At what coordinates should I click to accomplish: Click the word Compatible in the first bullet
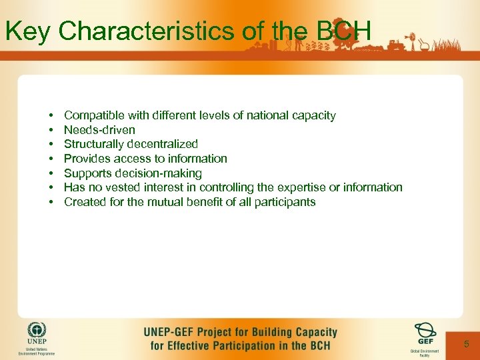pyautogui.click(x=93, y=116)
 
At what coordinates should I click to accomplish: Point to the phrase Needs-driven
pyautogui.click(x=99, y=130)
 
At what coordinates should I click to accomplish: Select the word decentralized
pyautogui.click(x=161, y=144)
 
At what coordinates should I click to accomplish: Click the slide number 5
pyautogui.click(x=467, y=344)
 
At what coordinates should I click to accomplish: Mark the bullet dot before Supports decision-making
pyautogui.click(x=51, y=173)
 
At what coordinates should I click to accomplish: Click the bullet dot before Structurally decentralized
pyautogui.click(x=51, y=144)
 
